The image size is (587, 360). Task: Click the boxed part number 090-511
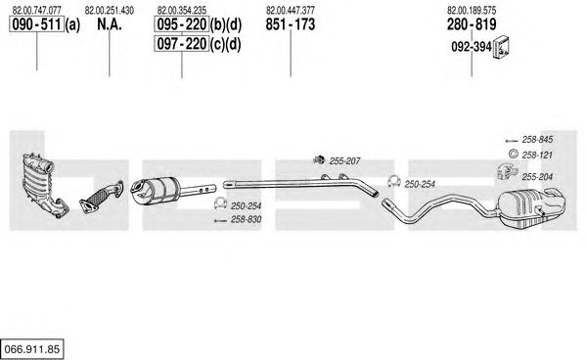coord(37,24)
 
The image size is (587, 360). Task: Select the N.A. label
coord(110,24)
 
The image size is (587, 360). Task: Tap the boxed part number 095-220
coord(182,24)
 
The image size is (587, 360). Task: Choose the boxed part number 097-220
coord(182,44)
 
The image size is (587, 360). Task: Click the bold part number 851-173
coord(291,24)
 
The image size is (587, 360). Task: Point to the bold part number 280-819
coord(472,24)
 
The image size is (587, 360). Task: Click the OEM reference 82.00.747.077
coord(37,10)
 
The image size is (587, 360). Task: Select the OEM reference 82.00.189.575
coord(472,10)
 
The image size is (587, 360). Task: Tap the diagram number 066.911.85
coord(32,349)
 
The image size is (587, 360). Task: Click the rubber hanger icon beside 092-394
coord(501,48)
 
